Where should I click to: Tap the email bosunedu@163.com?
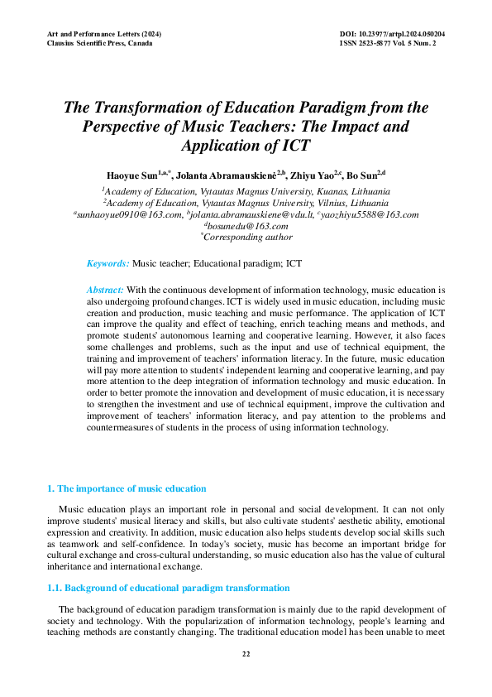(247, 227)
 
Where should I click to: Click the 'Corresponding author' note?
(247, 238)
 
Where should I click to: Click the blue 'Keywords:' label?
(108, 263)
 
